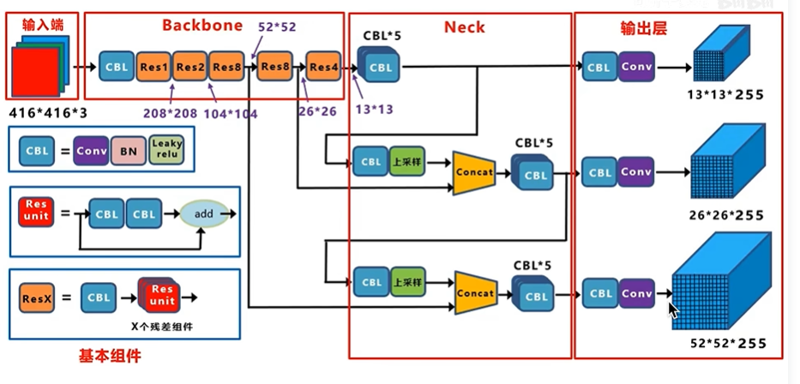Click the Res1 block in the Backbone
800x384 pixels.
tap(153, 66)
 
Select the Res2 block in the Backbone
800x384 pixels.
tap(190, 66)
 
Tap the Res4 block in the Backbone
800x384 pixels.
tap(324, 66)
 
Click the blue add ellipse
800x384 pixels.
tap(204, 213)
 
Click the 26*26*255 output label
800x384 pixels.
tap(725, 215)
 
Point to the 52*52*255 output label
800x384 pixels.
tap(725, 345)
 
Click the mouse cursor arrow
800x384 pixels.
tap(673, 308)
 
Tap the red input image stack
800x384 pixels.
tap(37, 69)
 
